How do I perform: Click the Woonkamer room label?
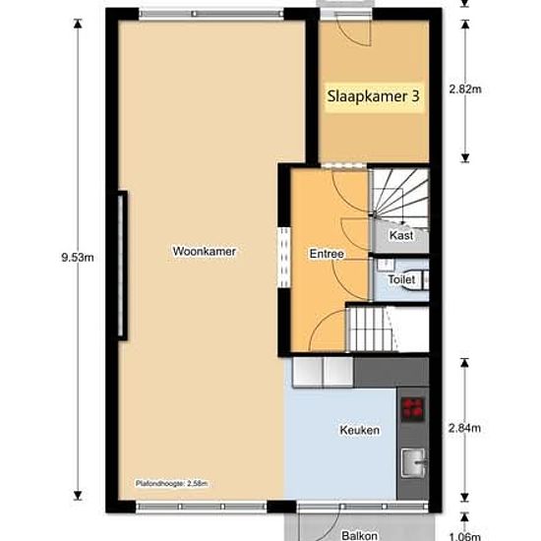click(x=205, y=252)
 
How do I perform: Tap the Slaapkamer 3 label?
click(x=375, y=97)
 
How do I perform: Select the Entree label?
click(x=327, y=255)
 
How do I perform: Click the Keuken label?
click(x=359, y=431)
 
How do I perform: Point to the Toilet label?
click(x=402, y=280)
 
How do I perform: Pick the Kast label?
click(x=401, y=236)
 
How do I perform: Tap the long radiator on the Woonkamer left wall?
click(x=122, y=265)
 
